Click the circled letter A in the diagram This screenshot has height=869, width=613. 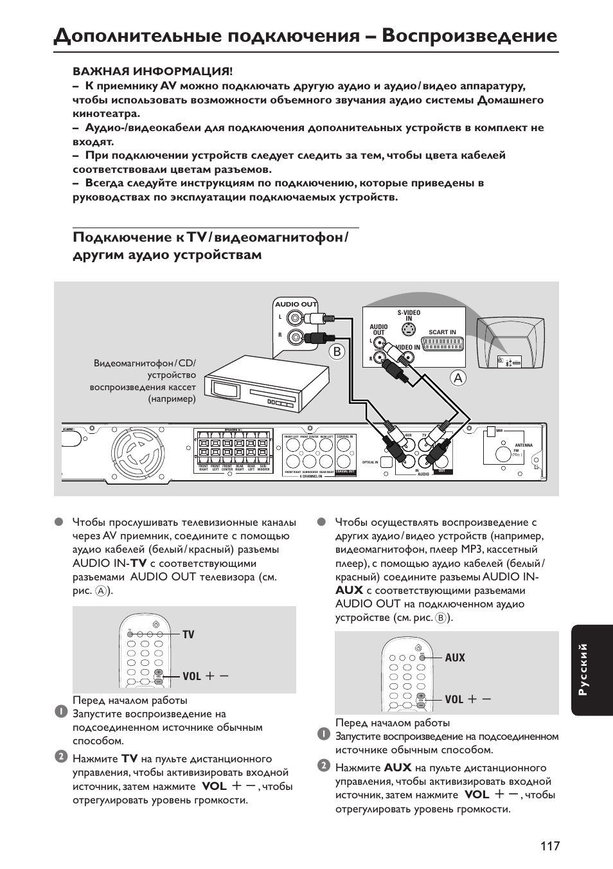(x=458, y=379)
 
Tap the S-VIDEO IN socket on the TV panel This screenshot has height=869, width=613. (x=408, y=330)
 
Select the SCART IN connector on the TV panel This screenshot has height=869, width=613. (x=442, y=344)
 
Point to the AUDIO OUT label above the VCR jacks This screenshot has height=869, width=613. (x=296, y=304)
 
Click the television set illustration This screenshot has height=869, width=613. (x=515, y=341)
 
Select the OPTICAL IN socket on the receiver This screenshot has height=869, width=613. (x=386, y=461)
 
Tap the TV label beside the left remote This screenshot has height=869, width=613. (x=188, y=634)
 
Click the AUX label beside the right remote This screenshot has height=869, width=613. (x=454, y=658)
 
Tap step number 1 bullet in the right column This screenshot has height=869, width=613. (x=323, y=734)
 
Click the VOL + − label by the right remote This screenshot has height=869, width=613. (x=468, y=699)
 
